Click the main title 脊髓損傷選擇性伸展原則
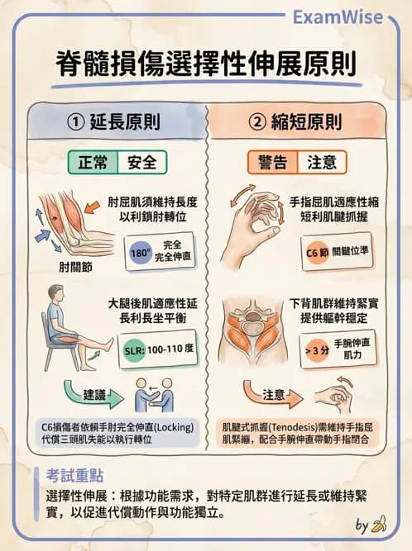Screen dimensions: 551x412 [x=205, y=64]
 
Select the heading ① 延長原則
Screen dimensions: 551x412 [x=113, y=122]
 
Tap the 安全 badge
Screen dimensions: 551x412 [x=142, y=162]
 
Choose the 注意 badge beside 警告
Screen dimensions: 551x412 [x=322, y=162]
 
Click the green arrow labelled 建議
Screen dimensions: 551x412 [x=92, y=396]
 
